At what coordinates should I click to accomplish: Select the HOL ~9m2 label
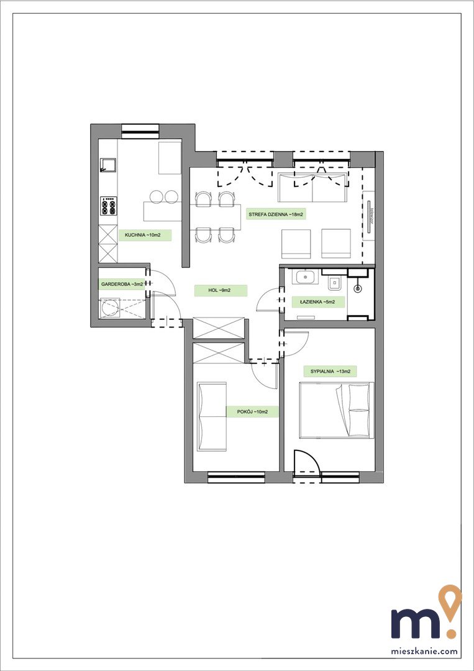pos(221,291)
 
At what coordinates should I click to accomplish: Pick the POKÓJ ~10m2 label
pos(252,412)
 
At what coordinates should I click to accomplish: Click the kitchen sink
pos(108,165)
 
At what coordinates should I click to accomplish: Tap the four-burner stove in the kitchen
pos(109,206)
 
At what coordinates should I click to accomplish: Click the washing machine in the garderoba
pos(111,309)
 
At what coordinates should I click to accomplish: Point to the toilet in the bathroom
pos(333,281)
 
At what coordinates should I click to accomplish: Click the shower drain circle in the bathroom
pos(358,289)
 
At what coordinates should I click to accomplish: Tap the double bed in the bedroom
pos(336,410)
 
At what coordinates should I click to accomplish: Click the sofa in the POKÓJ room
pos(212,416)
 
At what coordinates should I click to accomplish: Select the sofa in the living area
pos(312,188)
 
